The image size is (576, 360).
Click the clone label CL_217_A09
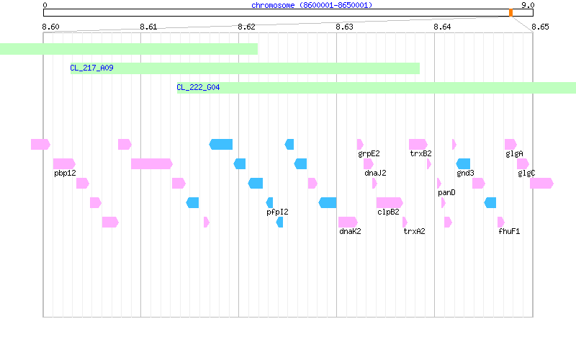coord(91,68)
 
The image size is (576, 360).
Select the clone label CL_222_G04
coord(198,87)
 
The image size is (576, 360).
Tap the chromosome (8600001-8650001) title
coord(312,5)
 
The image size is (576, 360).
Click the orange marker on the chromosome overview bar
coord(510,13)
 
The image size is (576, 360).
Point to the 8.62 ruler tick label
coord(246,27)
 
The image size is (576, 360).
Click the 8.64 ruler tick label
coord(442,27)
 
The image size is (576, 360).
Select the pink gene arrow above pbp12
coord(64,164)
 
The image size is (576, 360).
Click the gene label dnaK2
coord(350,231)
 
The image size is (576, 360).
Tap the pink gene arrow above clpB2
coord(390,202)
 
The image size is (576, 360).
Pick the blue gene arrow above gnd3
coord(463,164)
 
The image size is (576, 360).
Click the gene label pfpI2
coord(277,212)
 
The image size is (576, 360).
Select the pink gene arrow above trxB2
coord(418,145)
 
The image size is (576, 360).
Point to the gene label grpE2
coord(369,154)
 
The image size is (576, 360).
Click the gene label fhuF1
coord(509,231)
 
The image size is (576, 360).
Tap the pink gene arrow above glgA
coord(510,145)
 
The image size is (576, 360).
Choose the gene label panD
coord(446,193)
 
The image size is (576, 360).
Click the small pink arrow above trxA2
coord(405,222)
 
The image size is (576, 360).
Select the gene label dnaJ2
coord(375,173)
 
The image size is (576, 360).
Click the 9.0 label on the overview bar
coord(528,5)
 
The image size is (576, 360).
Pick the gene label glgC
coord(526,174)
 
